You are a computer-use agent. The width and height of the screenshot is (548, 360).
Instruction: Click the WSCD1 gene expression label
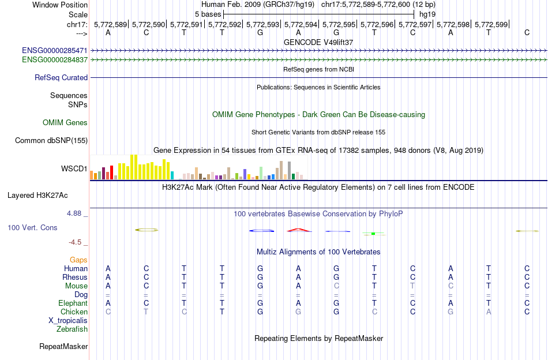[x=74, y=169]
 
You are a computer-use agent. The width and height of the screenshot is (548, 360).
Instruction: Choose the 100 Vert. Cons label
[x=32, y=228]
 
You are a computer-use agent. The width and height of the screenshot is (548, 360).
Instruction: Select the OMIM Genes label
[x=65, y=122]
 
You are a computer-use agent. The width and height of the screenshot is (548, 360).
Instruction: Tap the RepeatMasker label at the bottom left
[x=63, y=347]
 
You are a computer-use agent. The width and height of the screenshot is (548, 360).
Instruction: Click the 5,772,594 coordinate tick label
[x=303, y=24]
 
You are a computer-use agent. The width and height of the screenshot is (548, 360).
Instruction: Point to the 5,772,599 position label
[x=493, y=24]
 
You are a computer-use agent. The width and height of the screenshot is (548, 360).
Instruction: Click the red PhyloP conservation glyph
[x=299, y=230]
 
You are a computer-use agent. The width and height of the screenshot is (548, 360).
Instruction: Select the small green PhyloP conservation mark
[x=373, y=234]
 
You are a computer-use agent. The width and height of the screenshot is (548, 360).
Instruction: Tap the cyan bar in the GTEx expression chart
[x=172, y=175]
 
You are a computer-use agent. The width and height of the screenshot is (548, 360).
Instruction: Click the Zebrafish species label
[x=72, y=329]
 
